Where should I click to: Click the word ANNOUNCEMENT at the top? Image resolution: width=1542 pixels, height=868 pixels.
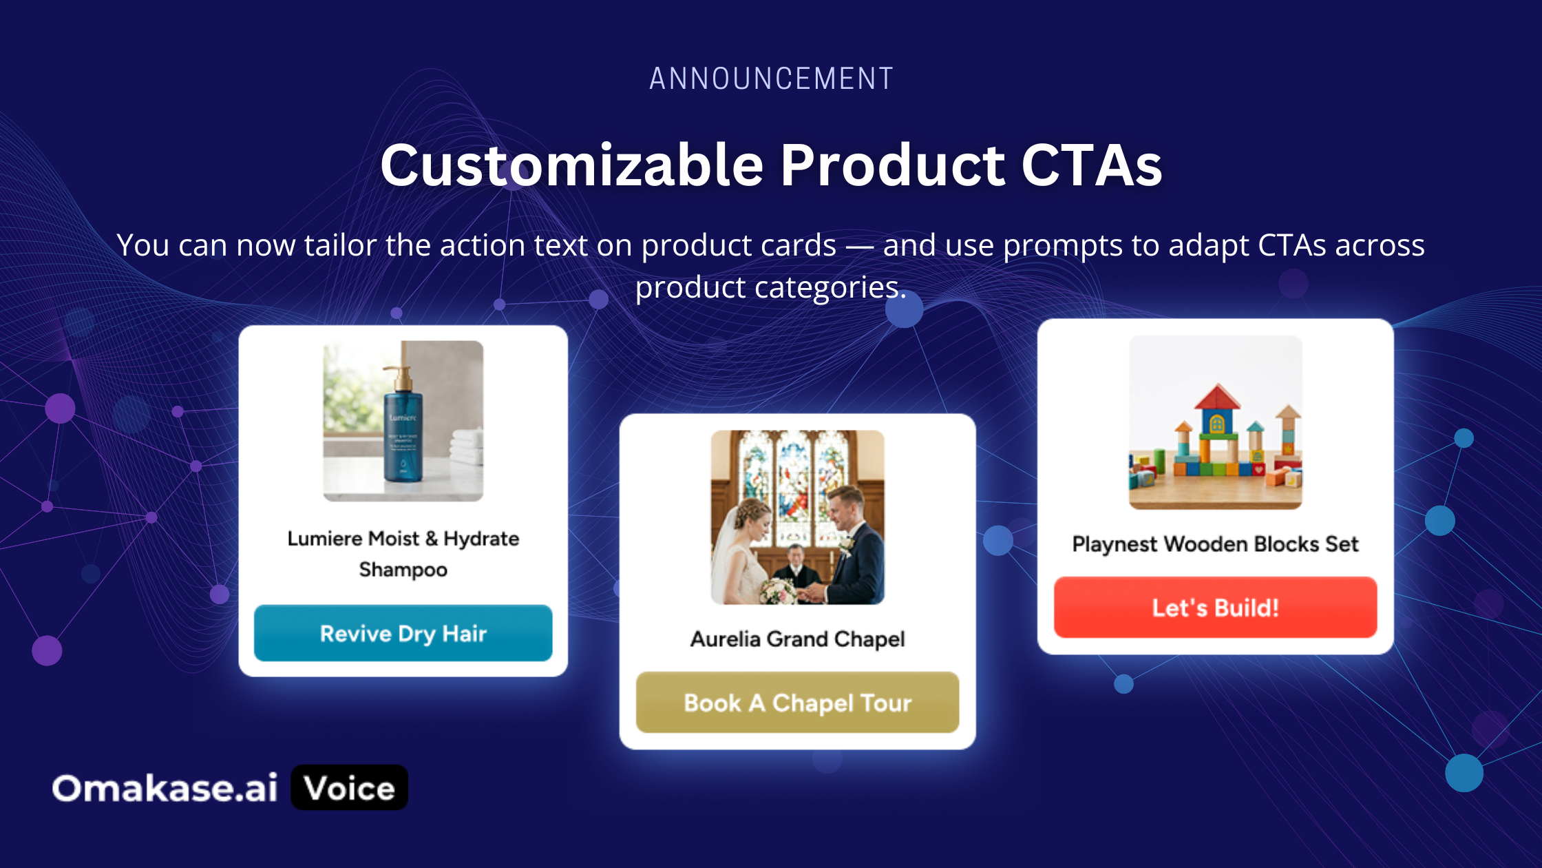[x=771, y=79]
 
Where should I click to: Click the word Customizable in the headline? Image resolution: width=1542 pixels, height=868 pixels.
[x=572, y=165]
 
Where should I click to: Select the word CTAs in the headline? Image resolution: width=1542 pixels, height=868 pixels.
[x=1092, y=165]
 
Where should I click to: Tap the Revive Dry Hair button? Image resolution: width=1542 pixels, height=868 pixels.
[x=403, y=633]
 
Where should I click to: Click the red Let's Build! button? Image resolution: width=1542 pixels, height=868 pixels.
[x=1215, y=608]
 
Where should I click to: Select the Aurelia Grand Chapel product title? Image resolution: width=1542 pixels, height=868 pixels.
[x=797, y=639]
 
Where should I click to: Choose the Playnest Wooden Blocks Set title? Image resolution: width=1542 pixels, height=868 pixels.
[x=1215, y=544]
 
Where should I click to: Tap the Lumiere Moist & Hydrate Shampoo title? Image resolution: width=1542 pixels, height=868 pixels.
[x=403, y=554]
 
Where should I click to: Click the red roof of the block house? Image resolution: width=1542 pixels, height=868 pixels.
[x=1216, y=397]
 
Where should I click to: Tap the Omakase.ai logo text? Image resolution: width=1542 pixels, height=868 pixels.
[x=165, y=788]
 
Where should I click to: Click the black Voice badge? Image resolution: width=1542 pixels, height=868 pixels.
[x=350, y=787]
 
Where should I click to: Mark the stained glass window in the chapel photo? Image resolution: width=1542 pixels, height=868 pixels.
[x=797, y=482]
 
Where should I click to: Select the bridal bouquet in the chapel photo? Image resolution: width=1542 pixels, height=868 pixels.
[x=778, y=590]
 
